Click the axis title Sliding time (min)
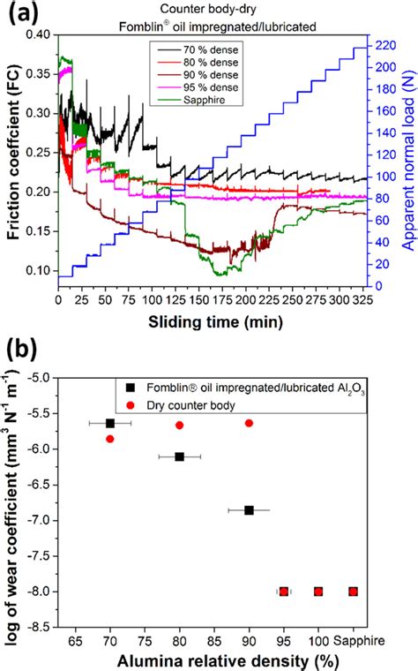tap(209, 320)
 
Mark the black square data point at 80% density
tap(180, 456)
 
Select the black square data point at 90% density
tap(249, 510)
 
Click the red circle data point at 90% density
tap(249, 423)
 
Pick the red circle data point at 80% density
tap(180, 425)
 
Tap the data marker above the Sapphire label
tap(353, 592)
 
